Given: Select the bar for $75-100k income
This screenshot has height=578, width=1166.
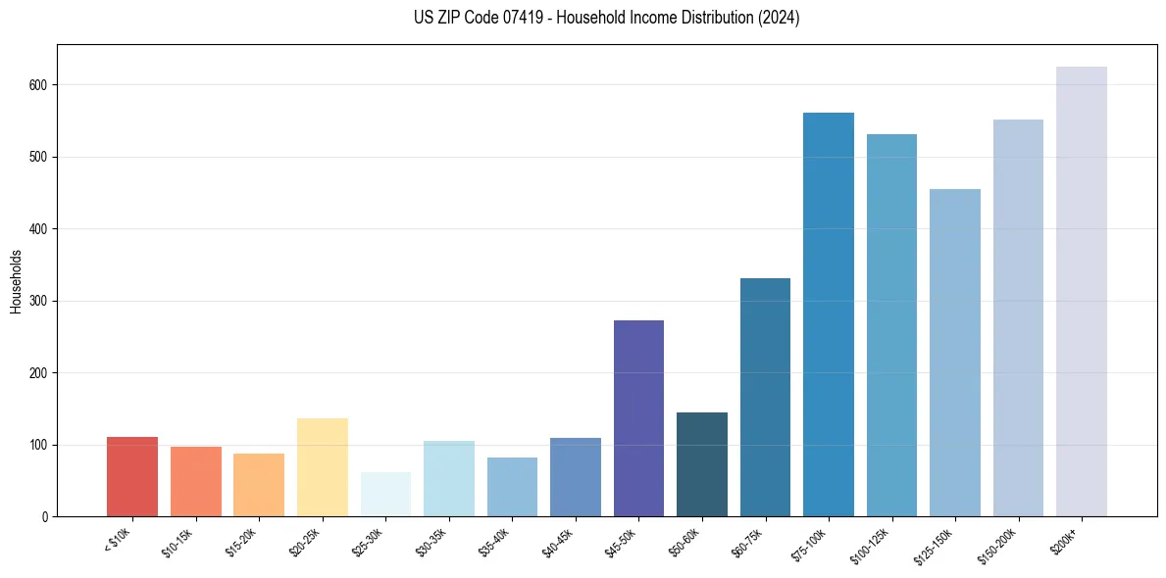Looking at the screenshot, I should click(829, 314).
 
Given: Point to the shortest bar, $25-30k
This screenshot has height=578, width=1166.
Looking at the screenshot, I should click(385, 495).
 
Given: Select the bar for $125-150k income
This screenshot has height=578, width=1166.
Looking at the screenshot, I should click(955, 353).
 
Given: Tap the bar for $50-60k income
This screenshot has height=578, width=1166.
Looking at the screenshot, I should click(702, 464).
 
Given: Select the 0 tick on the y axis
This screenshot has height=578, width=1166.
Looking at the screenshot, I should click(45, 516).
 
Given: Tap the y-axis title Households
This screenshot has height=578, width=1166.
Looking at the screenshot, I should click(16, 281).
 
